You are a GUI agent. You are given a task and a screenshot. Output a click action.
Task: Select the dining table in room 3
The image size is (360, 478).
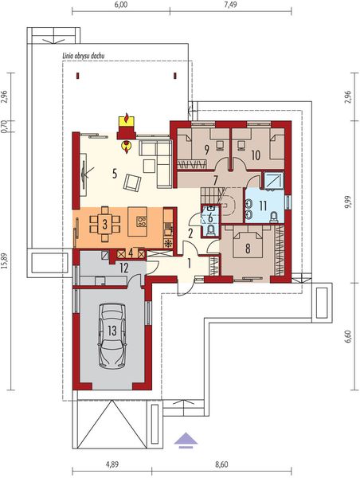click(104, 223)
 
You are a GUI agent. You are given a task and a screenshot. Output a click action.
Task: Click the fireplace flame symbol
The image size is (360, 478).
click(126, 144)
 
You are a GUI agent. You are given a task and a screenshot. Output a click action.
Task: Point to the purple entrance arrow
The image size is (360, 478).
click(185, 437)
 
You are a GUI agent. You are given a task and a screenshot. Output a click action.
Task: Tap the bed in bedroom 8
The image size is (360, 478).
click(248, 241)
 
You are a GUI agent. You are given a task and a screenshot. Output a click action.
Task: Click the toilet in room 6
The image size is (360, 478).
click(209, 230)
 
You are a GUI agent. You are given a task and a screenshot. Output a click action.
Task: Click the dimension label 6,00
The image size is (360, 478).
click(121, 5)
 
